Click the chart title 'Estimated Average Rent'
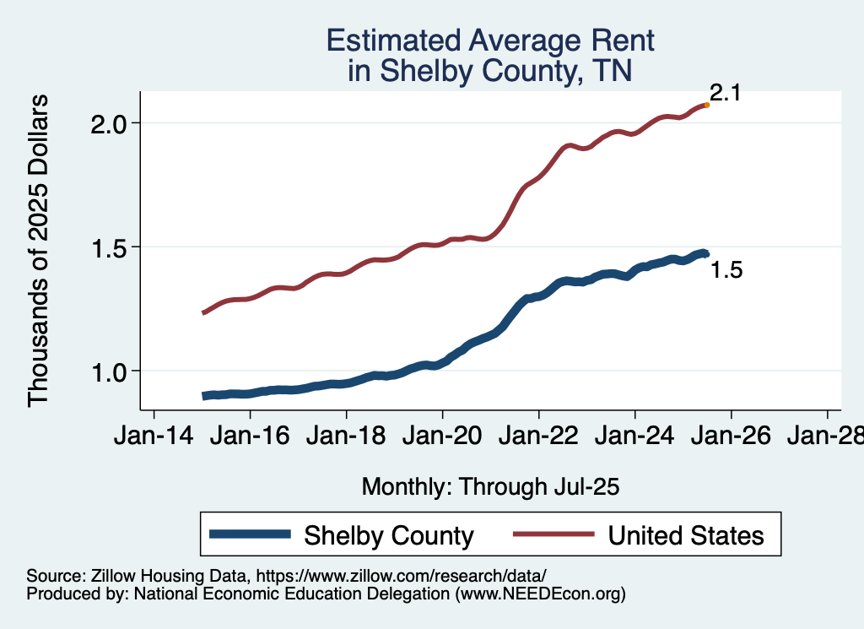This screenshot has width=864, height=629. pos(490,41)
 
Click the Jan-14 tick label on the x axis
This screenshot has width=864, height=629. pos(154,439)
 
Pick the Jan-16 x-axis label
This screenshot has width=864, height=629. pos(250,439)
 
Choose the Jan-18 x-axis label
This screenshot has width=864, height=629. pos(346,439)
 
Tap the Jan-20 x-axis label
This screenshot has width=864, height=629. pos(442,439)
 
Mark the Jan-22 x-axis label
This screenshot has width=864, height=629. pos(538,439)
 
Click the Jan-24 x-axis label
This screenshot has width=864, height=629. pos(634,439)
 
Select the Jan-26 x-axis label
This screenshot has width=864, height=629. pos(731,439)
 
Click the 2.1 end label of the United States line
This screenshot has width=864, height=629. pos(725,93)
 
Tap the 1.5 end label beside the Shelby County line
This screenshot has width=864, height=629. pos(726,271)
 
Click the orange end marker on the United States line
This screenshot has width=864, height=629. pos(706,105)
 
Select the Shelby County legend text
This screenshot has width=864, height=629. pos(389,535)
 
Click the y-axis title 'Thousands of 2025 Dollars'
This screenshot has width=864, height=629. pos(39,251)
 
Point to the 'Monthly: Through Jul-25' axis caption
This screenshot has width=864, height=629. pos(490,486)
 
